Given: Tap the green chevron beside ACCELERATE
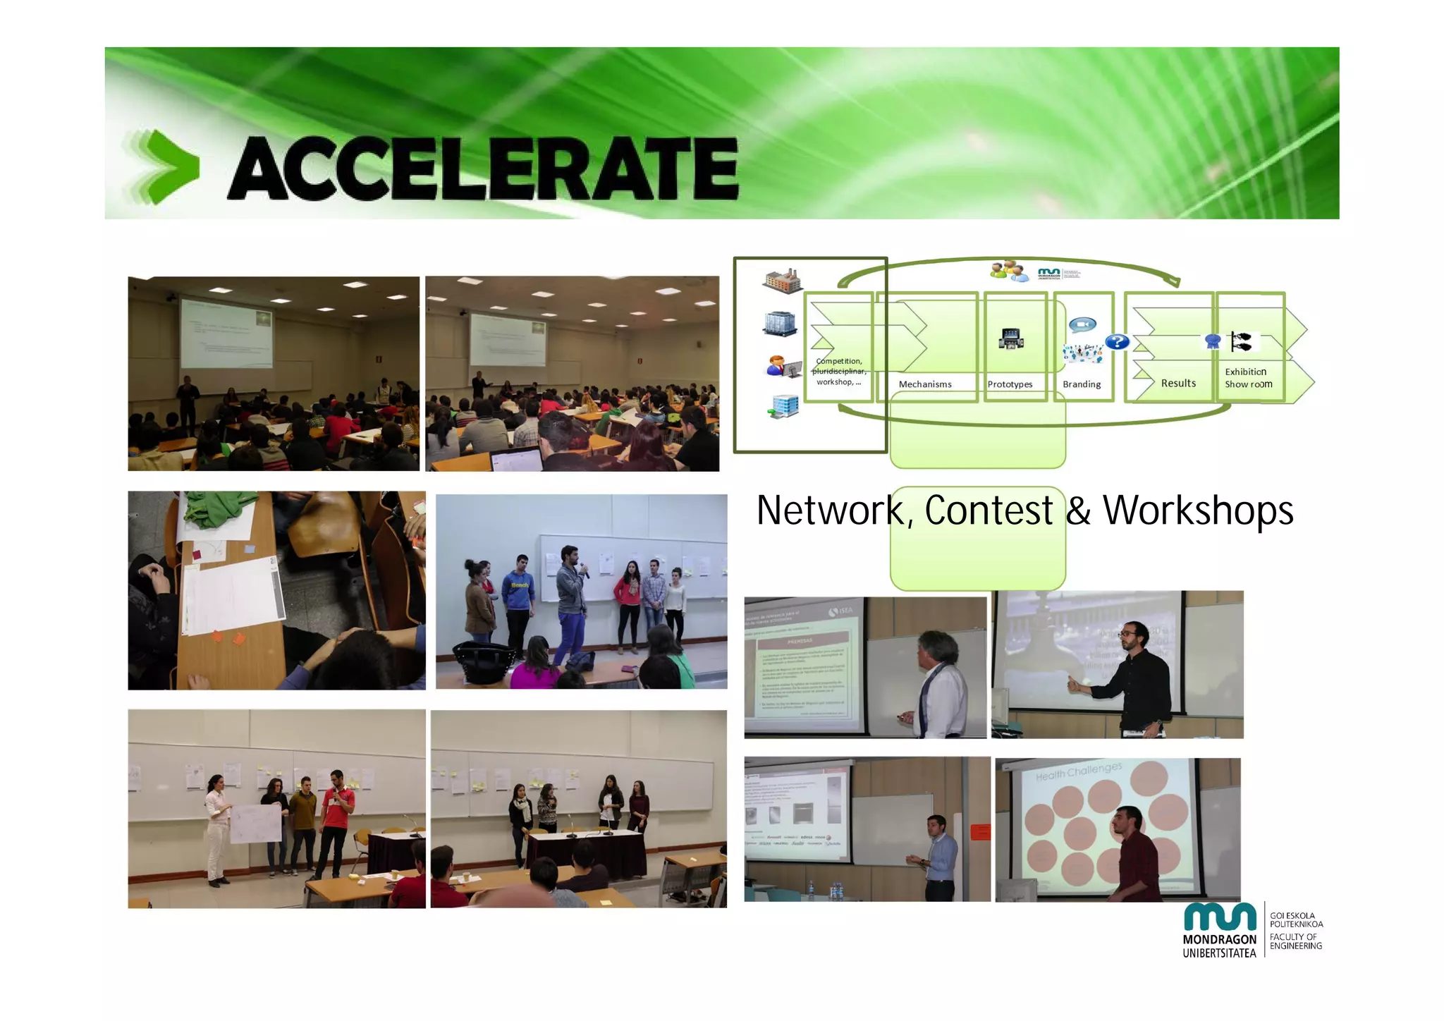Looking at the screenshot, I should [170, 167].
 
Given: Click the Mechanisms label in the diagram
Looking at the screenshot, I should [924, 384].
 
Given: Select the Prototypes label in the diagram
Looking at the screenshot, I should [1010, 384].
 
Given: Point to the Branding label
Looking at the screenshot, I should [1082, 384].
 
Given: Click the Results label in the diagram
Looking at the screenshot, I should [1178, 383].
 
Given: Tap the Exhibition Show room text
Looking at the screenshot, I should [1248, 378].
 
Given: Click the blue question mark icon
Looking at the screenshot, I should [1117, 342].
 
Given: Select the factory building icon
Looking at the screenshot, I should [782, 281].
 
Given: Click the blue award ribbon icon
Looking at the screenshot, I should [1213, 342].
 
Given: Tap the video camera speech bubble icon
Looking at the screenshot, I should [1082, 324].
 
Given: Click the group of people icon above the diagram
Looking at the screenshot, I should [1009, 271].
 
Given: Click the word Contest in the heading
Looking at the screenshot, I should [989, 510].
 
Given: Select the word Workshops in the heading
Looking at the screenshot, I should [1198, 510].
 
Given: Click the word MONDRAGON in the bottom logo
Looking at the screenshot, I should [1219, 940].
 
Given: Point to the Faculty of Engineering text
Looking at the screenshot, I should [1295, 941].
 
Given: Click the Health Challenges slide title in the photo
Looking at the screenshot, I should [1079, 771].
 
